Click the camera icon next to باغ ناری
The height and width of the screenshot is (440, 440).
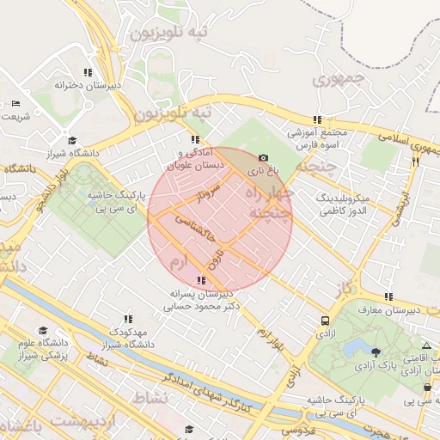click(263, 158)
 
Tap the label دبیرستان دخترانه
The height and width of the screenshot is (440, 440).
click(87, 85)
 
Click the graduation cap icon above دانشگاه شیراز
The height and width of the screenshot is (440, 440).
click(72, 140)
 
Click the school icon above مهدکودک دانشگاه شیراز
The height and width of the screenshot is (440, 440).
click(129, 319)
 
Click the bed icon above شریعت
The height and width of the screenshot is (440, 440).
click(16, 103)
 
